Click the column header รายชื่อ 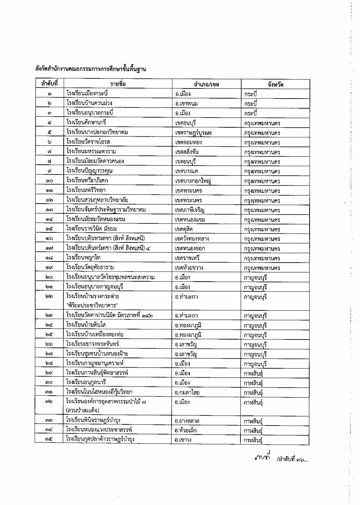[x=118, y=84]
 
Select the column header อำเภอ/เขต [x=206, y=85]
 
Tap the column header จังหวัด [x=275, y=85]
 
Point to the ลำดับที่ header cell [x=49, y=83]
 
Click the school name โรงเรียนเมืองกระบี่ [x=87, y=94]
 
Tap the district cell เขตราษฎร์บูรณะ [x=193, y=133]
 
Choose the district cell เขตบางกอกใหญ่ [x=193, y=181]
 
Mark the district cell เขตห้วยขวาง [x=189, y=268]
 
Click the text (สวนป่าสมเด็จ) [x=82, y=410]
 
